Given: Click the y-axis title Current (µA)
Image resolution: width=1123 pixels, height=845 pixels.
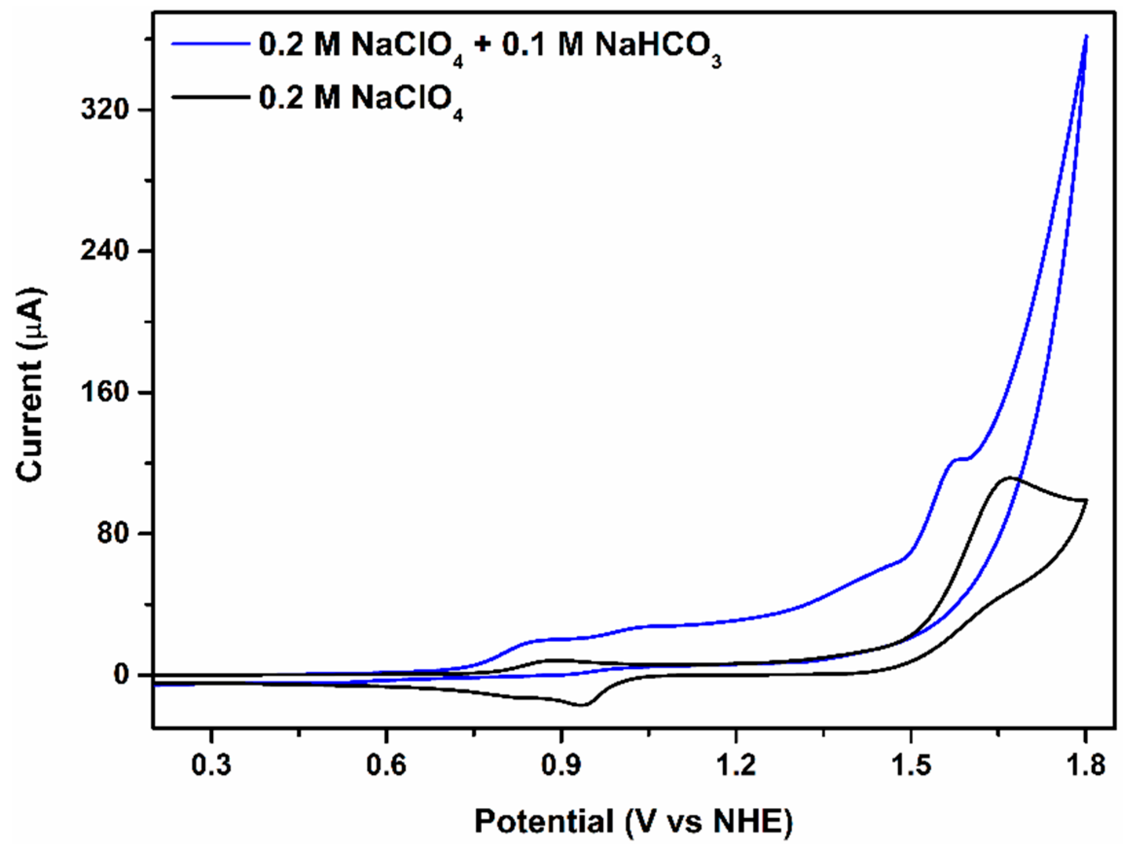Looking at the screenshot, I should pyautogui.click(x=32, y=386).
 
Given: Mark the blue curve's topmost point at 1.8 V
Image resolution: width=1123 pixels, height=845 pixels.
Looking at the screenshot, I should pyautogui.click(x=1086, y=36).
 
